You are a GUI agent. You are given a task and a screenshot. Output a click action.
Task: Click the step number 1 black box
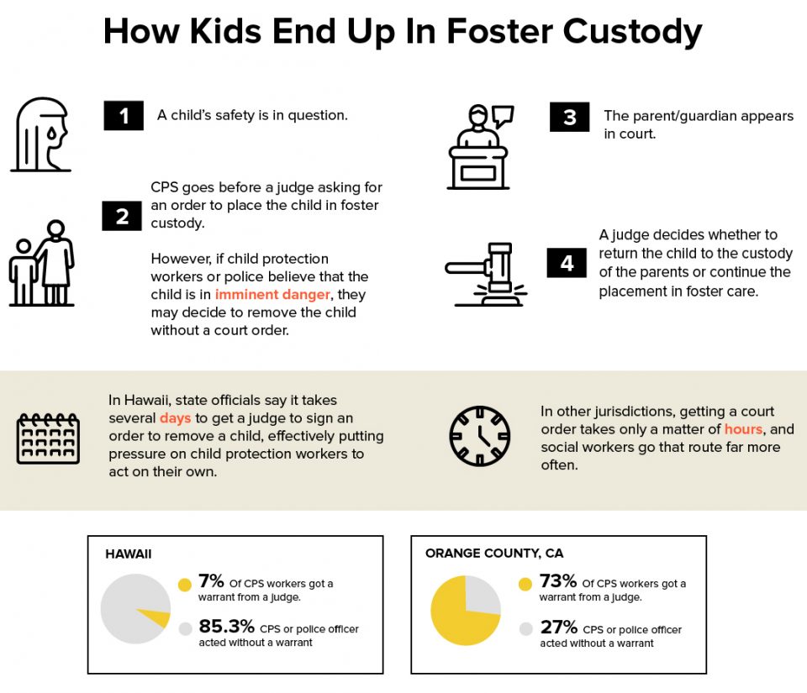coord(124,116)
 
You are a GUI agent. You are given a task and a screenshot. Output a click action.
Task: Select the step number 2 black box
coord(122,216)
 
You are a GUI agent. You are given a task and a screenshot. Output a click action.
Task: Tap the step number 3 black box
coord(569,117)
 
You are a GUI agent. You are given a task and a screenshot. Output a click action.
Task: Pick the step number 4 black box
coord(567,263)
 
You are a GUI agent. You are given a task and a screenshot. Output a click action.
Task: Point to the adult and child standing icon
coord(43,263)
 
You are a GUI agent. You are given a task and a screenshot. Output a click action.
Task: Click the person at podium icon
coord(478,148)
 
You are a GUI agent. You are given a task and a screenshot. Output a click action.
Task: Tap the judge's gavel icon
coord(485,273)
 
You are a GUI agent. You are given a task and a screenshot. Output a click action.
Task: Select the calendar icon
coord(48,438)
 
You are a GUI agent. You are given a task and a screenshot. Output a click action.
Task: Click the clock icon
coord(479,437)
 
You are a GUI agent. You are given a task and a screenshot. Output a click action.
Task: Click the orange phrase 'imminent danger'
coord(261,294)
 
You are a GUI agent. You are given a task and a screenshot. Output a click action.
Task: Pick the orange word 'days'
coord(175,417)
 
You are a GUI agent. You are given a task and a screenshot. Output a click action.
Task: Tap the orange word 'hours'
coord(743,429)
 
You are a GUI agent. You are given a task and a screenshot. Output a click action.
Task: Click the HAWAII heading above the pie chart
coord(129,554)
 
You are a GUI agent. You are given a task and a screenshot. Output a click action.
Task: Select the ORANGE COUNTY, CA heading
coord(494,554)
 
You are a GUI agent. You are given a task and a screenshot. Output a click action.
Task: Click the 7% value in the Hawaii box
coord(211,582)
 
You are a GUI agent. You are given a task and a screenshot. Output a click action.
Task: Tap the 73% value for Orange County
coord(557,582)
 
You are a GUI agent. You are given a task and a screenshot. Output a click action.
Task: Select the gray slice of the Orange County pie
coord(482,594)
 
